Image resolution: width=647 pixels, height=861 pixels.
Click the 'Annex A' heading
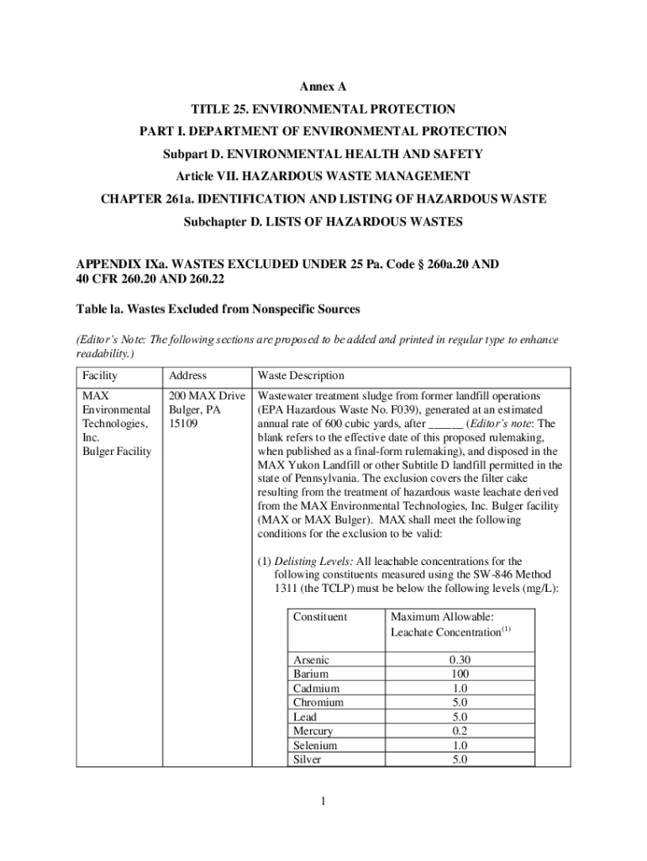point(323,87)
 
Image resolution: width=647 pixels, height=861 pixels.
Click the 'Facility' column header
point(100,376)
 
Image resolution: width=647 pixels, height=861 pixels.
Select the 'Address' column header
point(187,376)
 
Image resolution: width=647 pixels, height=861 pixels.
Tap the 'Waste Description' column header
point(301,376)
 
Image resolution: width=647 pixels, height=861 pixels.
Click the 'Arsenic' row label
point(311,660)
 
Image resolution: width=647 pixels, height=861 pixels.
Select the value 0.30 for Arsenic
point(460,660)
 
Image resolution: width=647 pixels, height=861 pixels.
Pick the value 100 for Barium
point(460,674)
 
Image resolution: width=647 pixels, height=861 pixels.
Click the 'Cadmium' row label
point(316,689)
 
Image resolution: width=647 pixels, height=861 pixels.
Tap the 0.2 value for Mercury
point(460,732)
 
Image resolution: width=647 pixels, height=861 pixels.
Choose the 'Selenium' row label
point(315,746)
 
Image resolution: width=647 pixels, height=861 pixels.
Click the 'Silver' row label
point(307,760)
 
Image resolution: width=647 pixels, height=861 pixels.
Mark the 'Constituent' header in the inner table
point(319,617)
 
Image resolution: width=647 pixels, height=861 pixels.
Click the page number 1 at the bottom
point(323,800)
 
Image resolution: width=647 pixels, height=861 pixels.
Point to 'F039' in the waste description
point(402,409)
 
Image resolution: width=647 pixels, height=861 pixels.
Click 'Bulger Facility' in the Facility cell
point(116,452)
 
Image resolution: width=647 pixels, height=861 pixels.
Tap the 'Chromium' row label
point(318,703)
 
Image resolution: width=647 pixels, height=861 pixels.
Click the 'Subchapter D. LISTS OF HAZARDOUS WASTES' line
point(323,223)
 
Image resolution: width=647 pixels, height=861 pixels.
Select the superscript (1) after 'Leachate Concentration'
point(507,629)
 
